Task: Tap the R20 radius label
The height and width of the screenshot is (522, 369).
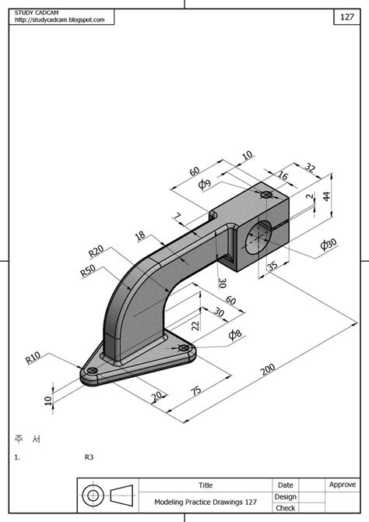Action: [x=97, y=252]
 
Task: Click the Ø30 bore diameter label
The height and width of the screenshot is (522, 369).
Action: [x=329, y=245]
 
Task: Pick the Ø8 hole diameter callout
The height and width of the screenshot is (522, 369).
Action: [x=235, y=334]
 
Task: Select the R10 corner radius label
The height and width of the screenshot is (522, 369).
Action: [x=33, y=358]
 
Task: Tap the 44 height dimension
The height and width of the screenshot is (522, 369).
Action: [x=326, y=196]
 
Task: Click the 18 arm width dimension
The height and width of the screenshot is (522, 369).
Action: [x=140, y=235]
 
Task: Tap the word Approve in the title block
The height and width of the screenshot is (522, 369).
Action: [x=342, y=485]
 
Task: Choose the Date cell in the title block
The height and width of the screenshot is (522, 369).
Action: [x=285, y=485]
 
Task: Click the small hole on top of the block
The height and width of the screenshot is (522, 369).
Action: [x=266, y=193]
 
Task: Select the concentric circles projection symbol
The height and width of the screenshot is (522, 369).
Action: [x=93, y=496]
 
